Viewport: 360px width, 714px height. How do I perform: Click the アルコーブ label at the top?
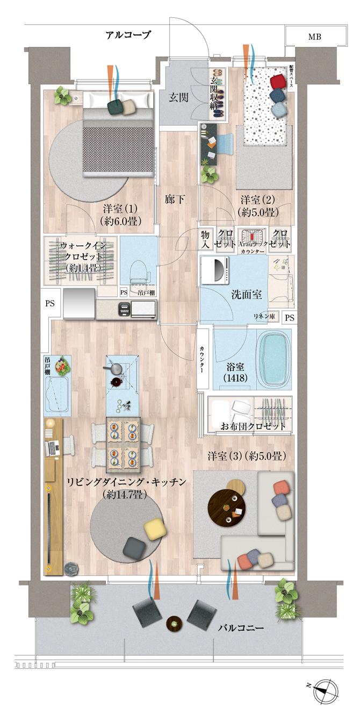pyautogui.click(x=128, y=35)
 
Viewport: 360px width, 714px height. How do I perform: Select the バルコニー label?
pyautogui.click(x=241, y=627)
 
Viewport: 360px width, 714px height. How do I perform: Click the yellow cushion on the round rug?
pyautogui.click(x=154, y=530)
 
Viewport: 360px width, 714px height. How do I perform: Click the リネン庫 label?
pyautogui.click(x=265, y=318)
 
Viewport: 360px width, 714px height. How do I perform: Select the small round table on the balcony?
pyautogui.click(x=175, y=624)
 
